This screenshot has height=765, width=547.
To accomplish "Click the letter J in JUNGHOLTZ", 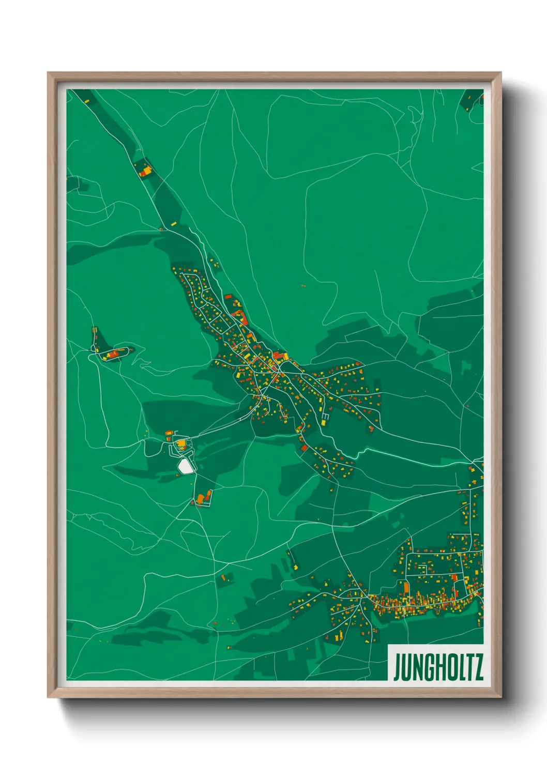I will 397,668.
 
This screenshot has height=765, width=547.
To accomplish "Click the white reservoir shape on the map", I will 185,466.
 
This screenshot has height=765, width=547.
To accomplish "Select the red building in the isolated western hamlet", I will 113,354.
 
